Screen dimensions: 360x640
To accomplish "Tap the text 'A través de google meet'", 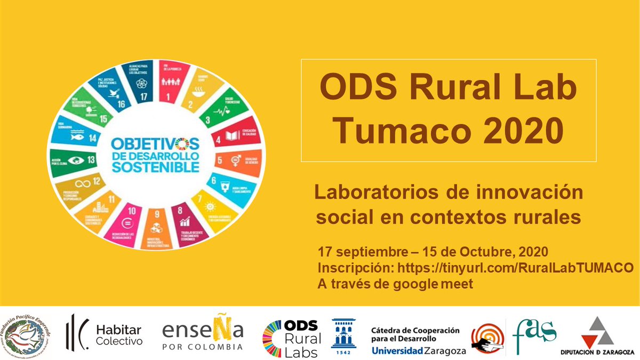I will (x=395, y=284).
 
